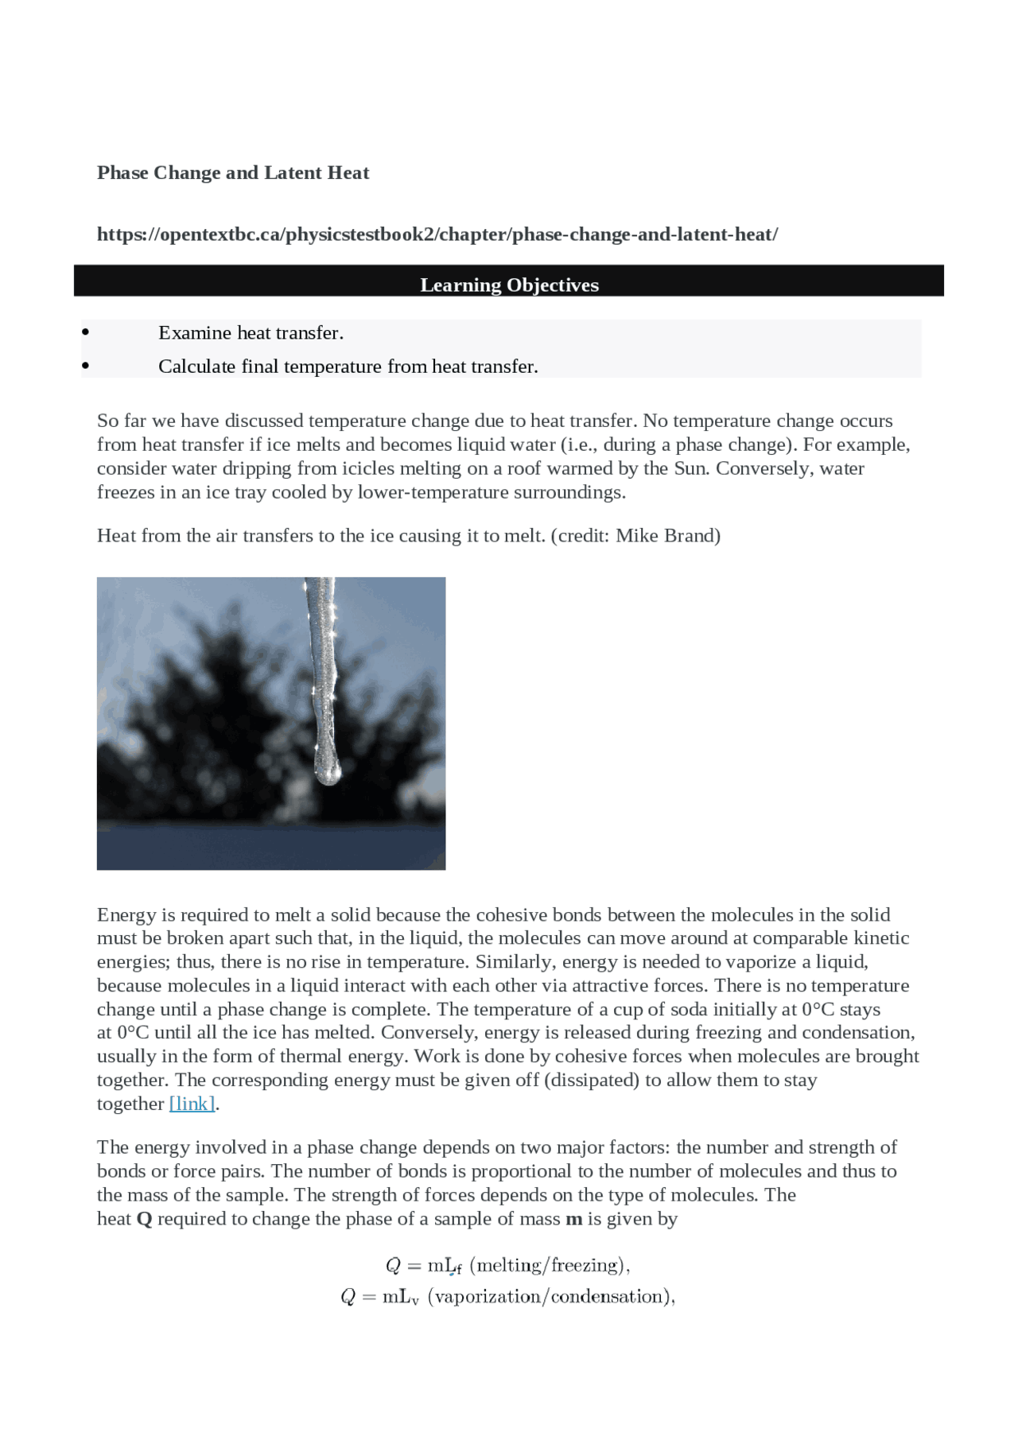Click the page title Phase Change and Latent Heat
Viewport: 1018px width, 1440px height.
(x=232, y=173)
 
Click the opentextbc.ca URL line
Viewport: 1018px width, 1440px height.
(x=437, y=235)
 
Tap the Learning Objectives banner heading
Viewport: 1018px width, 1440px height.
(x=509, y=285)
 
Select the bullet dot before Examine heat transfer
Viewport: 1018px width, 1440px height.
(x=86, y=332)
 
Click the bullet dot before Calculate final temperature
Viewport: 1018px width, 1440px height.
(x=86, y=367)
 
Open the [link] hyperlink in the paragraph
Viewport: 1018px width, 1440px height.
(x=192, y=1104)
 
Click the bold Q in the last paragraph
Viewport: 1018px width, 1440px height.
(x=144, y=1219)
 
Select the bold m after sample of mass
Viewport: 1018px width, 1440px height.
(x=573, y=1219)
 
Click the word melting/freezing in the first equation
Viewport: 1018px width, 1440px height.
(x=550, y=1265)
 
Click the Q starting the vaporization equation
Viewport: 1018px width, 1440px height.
(x=348, y=1297)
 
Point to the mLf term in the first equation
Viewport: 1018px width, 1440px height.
(x=444, y=1265)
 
